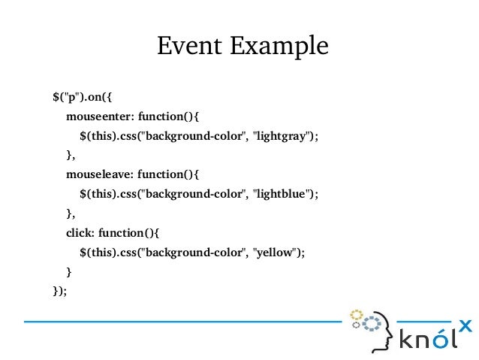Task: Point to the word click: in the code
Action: (80, 233)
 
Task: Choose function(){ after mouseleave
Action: (173, 174)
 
